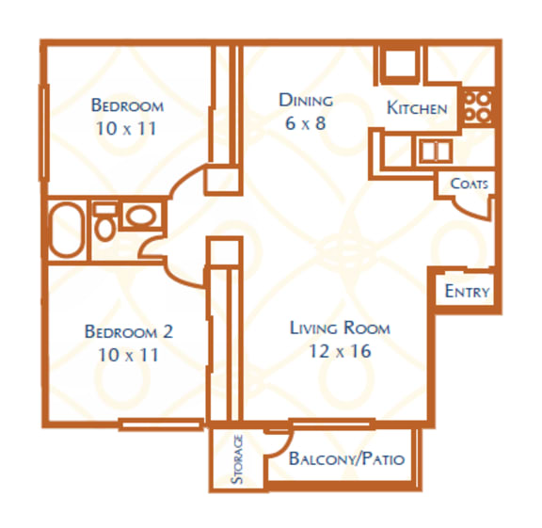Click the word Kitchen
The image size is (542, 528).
coord(417,108)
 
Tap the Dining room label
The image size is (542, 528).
coord(306,100)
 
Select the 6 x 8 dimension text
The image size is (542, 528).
coord(306,122)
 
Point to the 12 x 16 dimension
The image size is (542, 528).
coord(340,351)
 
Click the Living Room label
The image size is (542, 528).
coord(340,328)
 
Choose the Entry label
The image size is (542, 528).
coord(467,291)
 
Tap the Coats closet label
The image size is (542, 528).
coord(469,184)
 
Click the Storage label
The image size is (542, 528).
coord(238,459)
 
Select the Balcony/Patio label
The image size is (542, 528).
coord(346,459)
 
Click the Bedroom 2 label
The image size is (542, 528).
coord(129,331)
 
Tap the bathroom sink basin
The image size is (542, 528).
coord(141,216)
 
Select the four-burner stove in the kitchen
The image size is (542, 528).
coord(478,106)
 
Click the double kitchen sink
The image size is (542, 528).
coord(435,151)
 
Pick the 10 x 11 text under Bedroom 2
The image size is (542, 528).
coord(129,355)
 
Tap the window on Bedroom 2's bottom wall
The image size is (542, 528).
coord(161,424)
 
